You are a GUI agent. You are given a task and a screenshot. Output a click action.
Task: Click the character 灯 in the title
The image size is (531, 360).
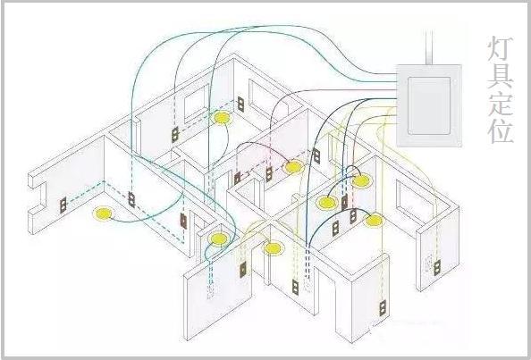(501, 49)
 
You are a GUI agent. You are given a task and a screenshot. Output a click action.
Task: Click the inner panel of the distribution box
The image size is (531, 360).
(429, 105)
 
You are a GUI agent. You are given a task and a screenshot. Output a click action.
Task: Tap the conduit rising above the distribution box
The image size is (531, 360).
(429, 47)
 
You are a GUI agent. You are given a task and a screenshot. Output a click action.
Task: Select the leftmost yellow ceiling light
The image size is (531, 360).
(104, 213)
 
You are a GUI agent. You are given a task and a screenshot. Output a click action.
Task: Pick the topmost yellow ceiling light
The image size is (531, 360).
(222, 118)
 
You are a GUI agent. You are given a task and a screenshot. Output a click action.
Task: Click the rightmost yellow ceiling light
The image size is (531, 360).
(374, 221)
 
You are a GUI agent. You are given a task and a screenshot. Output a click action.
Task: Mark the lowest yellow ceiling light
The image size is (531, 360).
(273, 248)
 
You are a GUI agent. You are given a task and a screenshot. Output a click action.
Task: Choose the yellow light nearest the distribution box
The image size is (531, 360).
(360, 181)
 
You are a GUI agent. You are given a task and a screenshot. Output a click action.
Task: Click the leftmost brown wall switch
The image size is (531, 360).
(63, 205)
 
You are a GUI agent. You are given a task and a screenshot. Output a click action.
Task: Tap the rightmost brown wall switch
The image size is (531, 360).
(437, 267)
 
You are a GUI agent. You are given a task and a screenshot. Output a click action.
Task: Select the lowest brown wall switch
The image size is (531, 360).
(383, 308)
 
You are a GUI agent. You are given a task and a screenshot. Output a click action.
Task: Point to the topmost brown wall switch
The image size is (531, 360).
(240, 104)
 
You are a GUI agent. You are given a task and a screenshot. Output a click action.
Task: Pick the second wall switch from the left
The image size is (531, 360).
(131, 199)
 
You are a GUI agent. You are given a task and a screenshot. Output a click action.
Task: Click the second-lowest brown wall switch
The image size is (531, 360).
(295, 287)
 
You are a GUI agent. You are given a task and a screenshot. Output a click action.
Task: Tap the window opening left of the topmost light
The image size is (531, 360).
(197, 104)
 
